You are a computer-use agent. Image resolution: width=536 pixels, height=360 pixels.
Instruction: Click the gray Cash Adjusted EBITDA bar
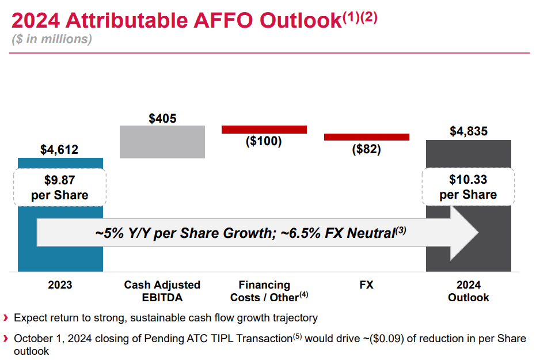[162, 142]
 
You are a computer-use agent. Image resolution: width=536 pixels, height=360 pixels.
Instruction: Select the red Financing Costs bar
[264, 130]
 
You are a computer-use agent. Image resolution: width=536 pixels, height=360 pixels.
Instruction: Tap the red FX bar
[366, 137]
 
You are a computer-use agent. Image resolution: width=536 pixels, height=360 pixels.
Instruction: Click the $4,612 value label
[59, 150]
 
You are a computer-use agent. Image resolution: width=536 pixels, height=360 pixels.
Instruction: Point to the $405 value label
[162, 119]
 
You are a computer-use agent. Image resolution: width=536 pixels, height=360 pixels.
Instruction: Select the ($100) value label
[264, 141]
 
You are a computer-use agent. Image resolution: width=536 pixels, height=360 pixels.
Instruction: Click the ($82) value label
[366, 149]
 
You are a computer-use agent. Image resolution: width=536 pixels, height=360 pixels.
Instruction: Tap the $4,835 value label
[468, 131]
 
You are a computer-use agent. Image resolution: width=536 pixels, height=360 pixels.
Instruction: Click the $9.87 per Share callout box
[59, 188]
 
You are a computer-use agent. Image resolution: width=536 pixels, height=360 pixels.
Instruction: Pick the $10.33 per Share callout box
[468, 187]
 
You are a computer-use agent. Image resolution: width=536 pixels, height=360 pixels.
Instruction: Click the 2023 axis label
[60, 285]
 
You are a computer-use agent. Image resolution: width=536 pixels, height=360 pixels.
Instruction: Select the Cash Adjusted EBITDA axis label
[162, 291]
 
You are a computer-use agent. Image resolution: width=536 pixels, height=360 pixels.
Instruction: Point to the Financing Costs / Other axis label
[264, 291]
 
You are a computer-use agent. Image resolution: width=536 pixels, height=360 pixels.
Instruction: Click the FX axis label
[366, 285]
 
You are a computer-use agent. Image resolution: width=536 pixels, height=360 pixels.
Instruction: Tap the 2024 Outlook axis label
[468, 291]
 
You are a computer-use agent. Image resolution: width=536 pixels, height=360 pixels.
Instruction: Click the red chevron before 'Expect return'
[6, 318]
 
